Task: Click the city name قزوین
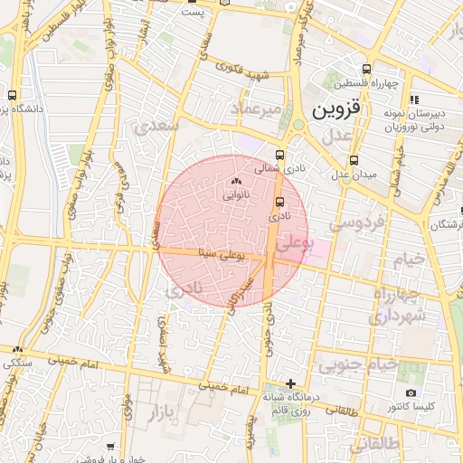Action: pos(336,109)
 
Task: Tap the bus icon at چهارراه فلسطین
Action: pos(366,69)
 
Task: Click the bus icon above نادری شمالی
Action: pos(279,155)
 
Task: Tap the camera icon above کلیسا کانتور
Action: pos(411,393)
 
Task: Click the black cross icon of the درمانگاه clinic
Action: pos(290,383)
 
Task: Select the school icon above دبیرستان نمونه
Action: pos(414,99)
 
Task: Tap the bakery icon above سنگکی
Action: pos(18,350)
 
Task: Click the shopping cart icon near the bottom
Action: pos(110,447)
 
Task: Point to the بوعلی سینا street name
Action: pos(219,257)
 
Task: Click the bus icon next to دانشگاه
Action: pos(13,95)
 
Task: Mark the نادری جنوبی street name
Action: pos(269,330)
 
